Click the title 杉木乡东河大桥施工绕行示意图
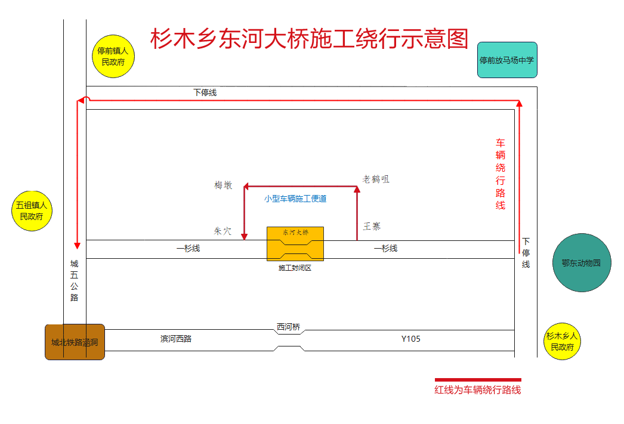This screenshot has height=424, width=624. tap(309, 39)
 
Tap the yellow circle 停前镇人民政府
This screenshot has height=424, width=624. tap(113, 56)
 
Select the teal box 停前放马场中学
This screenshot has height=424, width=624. tap(507, 60)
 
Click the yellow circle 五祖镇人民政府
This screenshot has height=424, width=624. tap(32, 211)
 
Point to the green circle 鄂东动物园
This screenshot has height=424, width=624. tap(582, 262)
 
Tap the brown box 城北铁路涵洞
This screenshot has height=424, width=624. tap(75, 342)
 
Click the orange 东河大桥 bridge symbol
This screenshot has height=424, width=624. tap(295, 243)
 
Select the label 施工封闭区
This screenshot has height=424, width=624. tap(295, 268)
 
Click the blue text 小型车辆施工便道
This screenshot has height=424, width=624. tap(295, 199)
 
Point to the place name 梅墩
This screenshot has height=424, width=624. tap(223, 185)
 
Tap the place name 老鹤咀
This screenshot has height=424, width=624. tap(376, 179)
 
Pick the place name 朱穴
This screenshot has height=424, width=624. tap(223, 231)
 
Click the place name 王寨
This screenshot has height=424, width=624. tap(372, 227)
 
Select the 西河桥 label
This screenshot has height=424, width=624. tap(288, 327)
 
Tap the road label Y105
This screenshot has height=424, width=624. tap(410, 339)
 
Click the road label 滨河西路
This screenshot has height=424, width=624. tap(176, 339)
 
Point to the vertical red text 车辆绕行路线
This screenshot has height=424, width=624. tap(501, 174)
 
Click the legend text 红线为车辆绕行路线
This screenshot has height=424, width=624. tap(477, 390)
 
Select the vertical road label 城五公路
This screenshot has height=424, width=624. tap(75, 280)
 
